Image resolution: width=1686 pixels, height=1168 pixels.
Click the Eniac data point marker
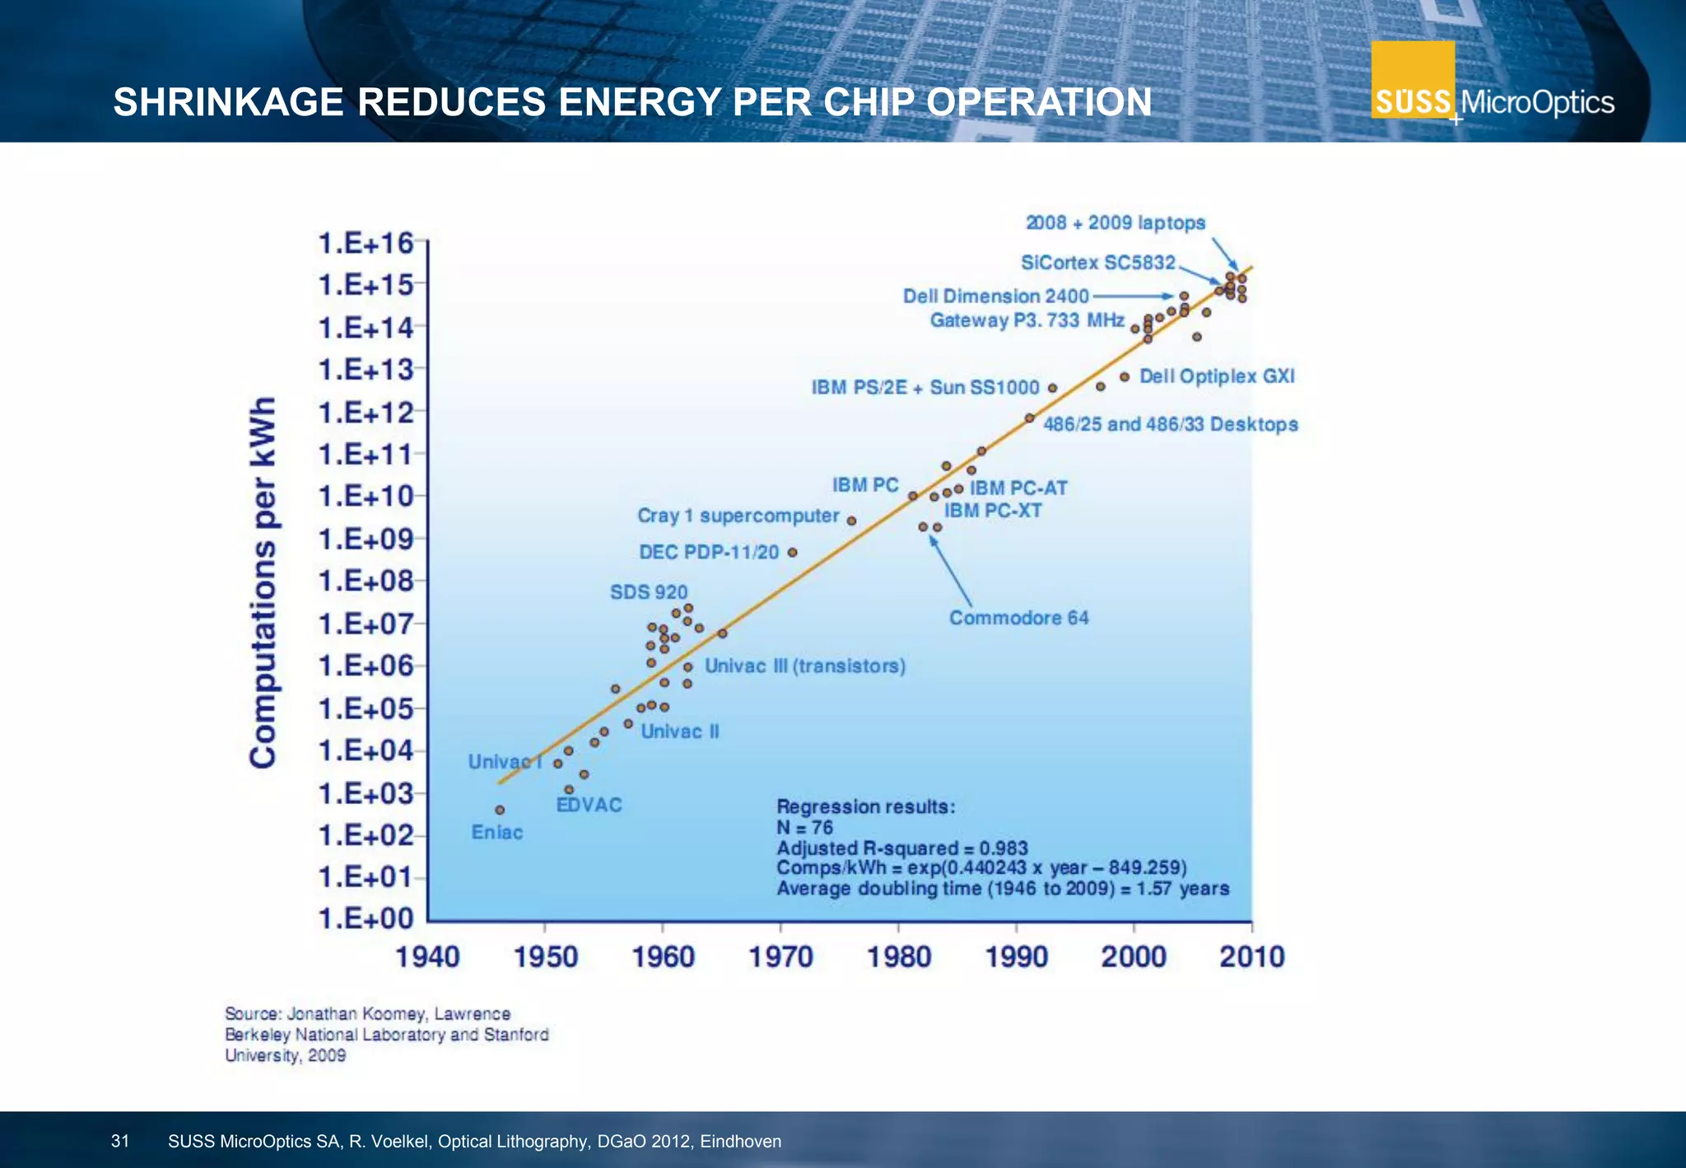[500, 810]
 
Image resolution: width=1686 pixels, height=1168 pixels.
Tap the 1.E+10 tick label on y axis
[366, 497]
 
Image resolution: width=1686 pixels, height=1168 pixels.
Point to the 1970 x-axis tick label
[781, 957]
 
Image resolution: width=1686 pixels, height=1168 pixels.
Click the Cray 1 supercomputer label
[738, 516]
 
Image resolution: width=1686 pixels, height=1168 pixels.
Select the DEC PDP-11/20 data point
[792, 552]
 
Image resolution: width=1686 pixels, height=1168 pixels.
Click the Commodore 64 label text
[1018, 618]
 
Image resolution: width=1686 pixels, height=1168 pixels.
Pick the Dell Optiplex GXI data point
[1125, 376]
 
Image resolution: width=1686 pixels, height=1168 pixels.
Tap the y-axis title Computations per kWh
[263, 583]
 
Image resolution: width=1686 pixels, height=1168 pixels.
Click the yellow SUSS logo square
[1413, 79]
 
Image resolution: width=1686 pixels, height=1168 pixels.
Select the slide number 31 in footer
[120, 1142]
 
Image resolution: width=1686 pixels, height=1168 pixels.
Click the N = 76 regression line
[804, 828]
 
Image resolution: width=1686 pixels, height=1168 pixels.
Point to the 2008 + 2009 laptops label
[1115, 223]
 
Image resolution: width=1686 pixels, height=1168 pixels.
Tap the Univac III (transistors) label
[804, 666]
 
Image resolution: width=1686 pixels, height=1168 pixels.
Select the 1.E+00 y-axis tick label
[366, 918]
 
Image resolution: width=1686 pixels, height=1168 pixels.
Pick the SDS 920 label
[648, 592]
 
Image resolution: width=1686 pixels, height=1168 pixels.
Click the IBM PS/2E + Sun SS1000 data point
[1052, 388]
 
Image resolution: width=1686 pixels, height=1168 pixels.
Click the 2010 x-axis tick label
[1251, 957]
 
